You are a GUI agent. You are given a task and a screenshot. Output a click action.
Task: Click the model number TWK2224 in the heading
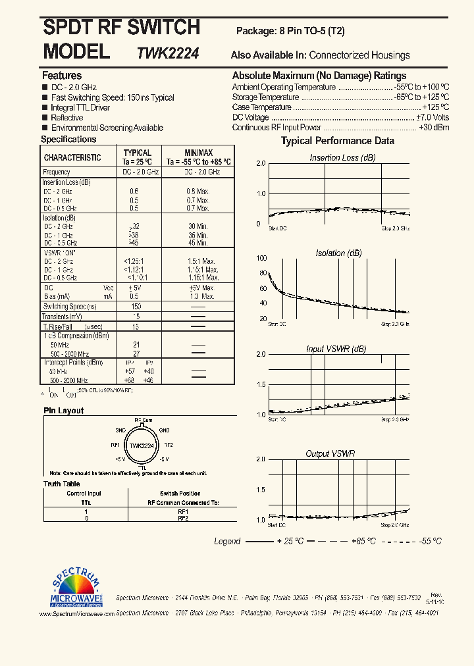169,53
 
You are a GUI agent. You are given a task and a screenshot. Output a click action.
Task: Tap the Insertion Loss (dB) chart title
342,158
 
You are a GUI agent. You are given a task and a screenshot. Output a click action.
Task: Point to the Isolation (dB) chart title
338,253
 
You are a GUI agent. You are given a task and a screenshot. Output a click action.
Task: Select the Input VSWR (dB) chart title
336,349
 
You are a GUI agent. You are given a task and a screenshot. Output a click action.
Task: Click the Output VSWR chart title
330,454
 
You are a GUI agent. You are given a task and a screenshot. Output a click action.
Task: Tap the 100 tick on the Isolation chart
263,259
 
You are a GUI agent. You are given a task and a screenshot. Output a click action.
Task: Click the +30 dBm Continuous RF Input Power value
434,128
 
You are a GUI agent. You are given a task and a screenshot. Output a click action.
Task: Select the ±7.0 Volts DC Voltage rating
433,117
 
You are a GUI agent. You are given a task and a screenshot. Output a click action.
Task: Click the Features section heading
62,76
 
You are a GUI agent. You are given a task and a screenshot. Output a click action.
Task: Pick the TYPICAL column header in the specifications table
138,153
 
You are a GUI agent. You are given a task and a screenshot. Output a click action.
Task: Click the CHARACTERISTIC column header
72,158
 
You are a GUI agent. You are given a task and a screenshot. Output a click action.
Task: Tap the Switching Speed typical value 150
136,307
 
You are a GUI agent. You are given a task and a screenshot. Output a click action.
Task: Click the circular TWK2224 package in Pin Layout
142,445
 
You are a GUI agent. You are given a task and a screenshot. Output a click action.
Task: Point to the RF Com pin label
144,419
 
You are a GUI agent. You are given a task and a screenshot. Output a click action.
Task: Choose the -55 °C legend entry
430,541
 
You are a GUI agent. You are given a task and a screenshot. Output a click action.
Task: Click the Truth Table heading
61,484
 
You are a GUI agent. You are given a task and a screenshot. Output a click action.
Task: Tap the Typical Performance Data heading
338,141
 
